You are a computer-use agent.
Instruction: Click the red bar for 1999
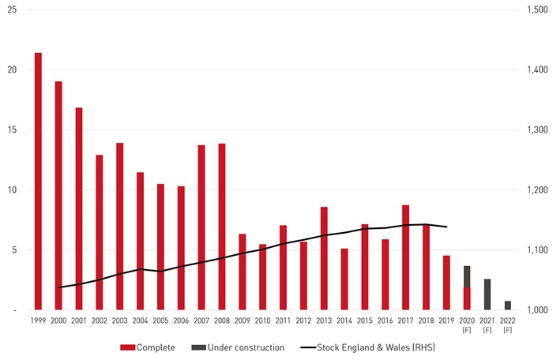[x=38, y=182]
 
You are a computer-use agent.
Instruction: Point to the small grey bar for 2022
[x=508, y=306]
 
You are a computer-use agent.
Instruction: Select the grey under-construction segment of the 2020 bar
[x=467, y=276]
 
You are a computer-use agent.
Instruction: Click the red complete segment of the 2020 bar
[x=467, y=298]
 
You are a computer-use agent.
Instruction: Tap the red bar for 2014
[x=344, y=279]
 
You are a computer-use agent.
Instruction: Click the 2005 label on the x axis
[x=160, y=321]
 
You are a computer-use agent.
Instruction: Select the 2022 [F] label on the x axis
[x=508, y=324]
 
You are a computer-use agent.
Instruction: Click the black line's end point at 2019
[x=447, y=227]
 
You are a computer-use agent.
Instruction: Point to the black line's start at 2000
[x=58, y=287]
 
